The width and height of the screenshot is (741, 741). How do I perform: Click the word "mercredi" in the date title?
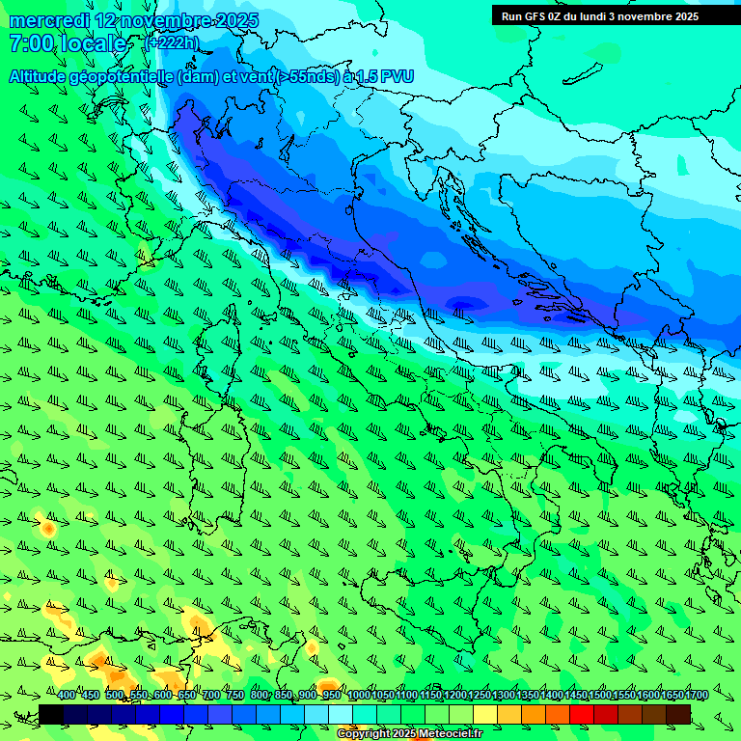tap(50, 20)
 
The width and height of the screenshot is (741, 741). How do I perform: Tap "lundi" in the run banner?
tap(592, 15)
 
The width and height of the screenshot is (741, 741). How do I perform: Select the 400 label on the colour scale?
tap(66, 695)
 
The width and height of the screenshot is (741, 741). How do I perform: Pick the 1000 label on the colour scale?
tap(358, 695)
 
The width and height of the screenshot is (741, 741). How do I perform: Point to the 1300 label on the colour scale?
tap(504, 695)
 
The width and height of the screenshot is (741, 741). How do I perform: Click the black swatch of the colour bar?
tap(51, 714)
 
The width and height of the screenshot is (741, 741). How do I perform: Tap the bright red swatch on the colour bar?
tap(582, 714)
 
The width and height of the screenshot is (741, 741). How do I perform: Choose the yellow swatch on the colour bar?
tap(485, 714)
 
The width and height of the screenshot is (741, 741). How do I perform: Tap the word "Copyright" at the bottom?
tap(365, 734)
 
